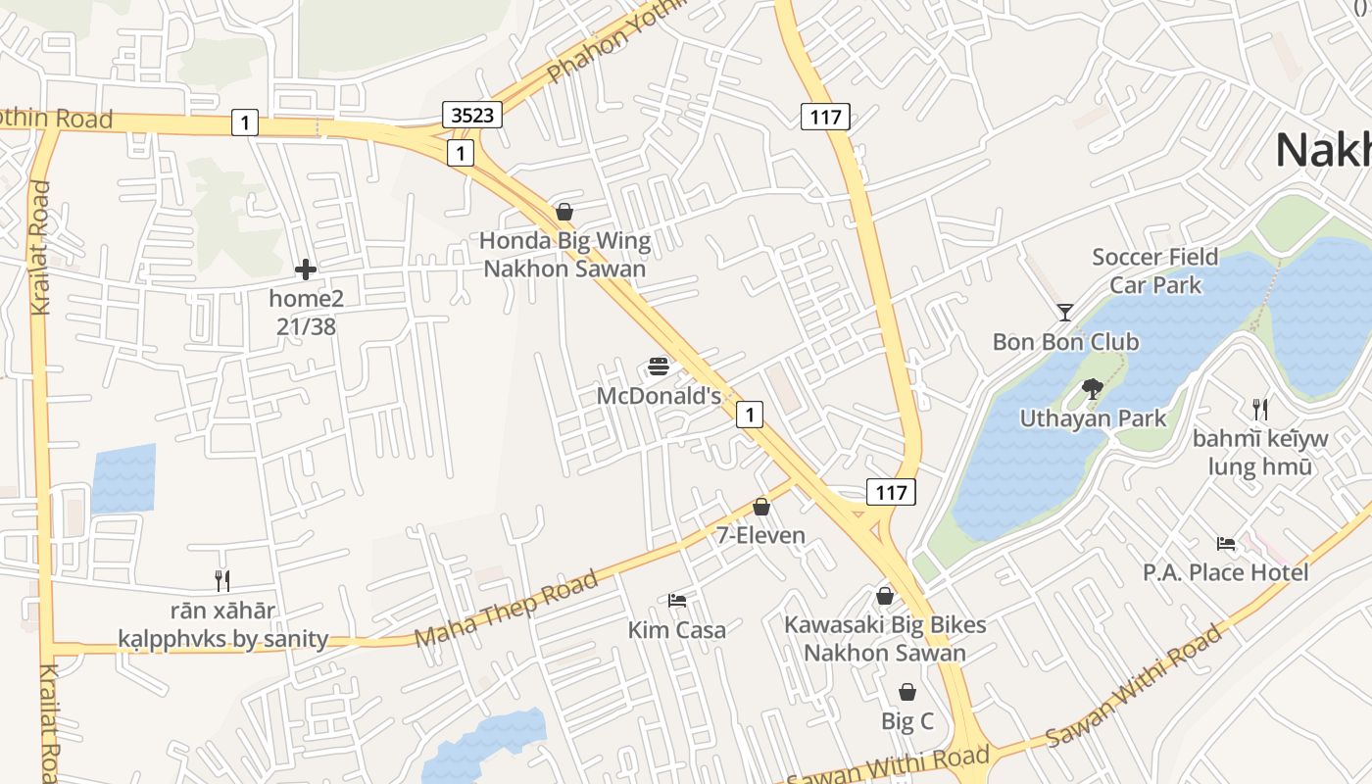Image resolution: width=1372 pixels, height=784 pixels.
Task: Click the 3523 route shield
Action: (x=472, y=115)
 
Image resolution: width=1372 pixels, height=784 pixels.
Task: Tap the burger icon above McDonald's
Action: (x=660, y=367)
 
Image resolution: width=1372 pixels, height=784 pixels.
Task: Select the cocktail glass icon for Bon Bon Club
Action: (x=1065, y=313)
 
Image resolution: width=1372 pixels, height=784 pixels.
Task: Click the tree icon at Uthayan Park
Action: (x=1093, y=389)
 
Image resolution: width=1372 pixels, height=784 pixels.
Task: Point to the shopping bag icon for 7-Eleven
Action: (x=761, y=507)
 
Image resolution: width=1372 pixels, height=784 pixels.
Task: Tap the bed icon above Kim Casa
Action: (x=677, y=600)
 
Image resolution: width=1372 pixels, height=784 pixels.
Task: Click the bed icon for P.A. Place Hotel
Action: (x=1226, y=543)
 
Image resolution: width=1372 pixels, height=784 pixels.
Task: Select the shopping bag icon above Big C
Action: (x=907, y=692)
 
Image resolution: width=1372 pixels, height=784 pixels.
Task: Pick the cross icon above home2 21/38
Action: (x=306, y=269)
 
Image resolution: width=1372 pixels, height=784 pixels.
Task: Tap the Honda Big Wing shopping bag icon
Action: (x=564, y=211)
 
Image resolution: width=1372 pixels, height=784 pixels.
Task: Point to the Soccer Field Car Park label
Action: (x=1155, y=270)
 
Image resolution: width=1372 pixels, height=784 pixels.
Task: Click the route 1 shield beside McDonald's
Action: (x=750, y=415)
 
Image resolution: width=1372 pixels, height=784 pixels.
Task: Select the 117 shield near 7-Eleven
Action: (x=891, y=492)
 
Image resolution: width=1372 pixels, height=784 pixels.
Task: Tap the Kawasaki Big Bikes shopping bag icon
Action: (x=885, y=595)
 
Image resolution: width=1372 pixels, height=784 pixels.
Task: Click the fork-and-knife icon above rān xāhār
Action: (x=222, y=581)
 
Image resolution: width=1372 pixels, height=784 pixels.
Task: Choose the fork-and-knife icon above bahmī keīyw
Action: (x=1260, y=409)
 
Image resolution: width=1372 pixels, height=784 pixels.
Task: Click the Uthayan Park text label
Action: (x=1093, y=418)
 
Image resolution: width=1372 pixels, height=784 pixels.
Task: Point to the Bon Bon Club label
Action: (x=1065, y=342)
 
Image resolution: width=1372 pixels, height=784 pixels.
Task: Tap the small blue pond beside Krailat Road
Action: (x=123, y=479)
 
